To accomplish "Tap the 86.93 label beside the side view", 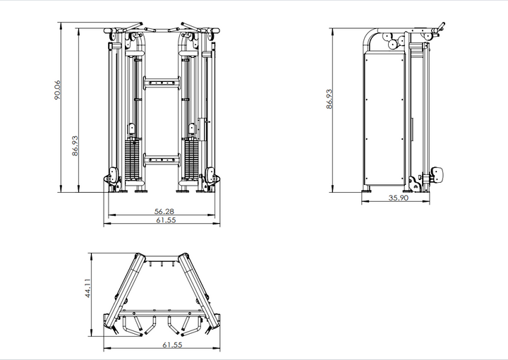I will pyautogui.click(x=329, y=99).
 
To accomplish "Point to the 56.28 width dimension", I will pyautogui.click(x=164, y=211).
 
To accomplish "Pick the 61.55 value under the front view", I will pyautogui.click(x=164, y=221).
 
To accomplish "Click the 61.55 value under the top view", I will pyautogui.click(x=163, y=346).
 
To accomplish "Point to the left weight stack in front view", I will pyautogui.click(x=132, y=161).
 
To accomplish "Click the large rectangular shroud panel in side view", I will pyautogui.click(x=384, y=120).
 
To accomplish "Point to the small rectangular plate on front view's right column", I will pyautogui.click(x=202, y=128).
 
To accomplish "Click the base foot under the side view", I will pyautogui.click(x=368, y=189).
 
